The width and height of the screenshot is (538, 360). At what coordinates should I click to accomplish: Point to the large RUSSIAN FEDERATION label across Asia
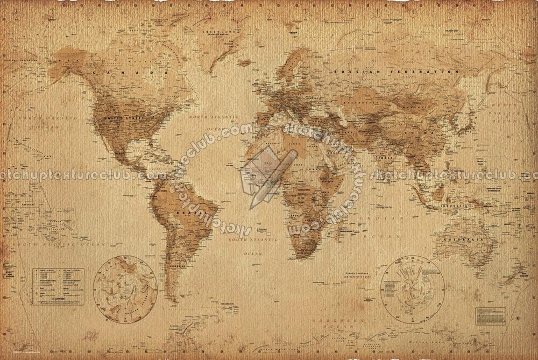pyautogui.click(x=395, y=71)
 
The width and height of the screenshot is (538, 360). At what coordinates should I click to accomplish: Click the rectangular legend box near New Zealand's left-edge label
pyautogui.click(x=58, y=286)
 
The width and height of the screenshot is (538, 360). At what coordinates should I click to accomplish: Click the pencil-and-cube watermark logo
pyautogui.click(x=268, y=171)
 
